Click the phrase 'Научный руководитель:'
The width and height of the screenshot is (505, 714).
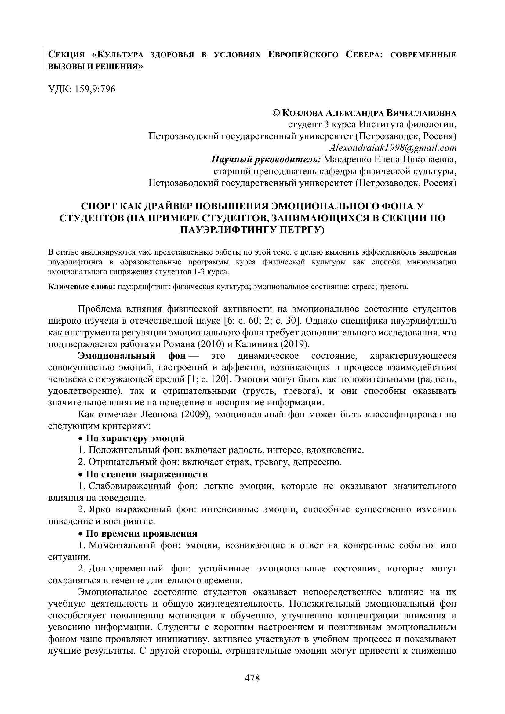point(266,160)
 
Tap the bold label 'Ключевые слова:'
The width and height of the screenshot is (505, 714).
point(82,287)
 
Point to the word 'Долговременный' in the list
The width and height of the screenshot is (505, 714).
point(125,569)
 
